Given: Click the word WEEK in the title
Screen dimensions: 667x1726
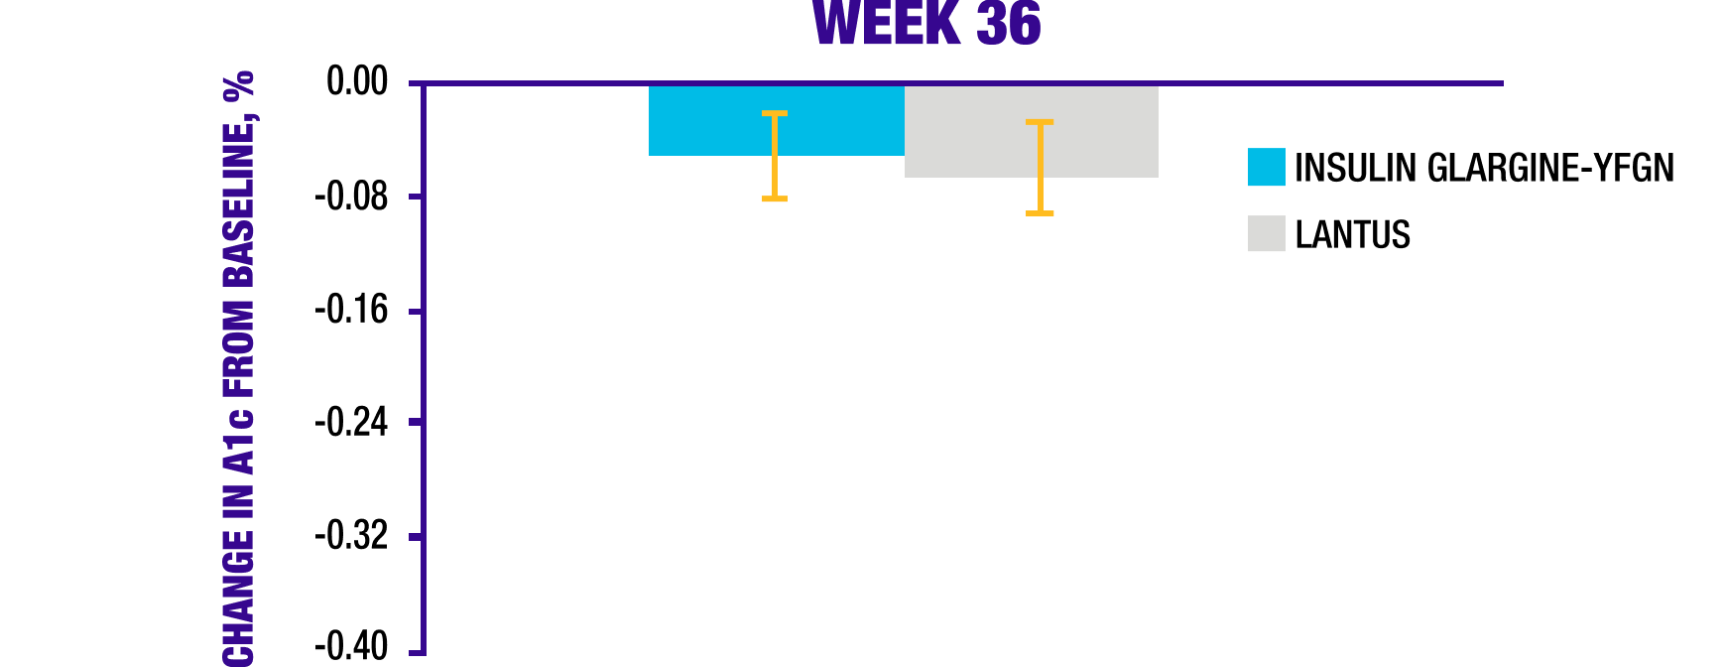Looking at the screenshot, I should click(886, 24).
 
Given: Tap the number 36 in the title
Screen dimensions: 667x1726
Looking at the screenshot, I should click(1008, 24).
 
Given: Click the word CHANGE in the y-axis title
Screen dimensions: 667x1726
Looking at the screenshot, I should click(239, 598).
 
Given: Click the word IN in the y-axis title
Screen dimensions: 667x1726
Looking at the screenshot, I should click(239, 500).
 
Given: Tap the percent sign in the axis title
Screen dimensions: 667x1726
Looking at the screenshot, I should click(239, 88).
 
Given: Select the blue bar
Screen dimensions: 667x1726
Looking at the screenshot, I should click(704, 121).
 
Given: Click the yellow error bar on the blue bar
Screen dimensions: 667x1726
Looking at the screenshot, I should click(775, 157).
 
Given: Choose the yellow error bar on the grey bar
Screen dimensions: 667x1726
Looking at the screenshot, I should click(1040, 168).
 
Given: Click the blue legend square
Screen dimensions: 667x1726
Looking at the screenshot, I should click(1266, 167).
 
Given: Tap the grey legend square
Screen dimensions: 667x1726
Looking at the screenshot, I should click(1266, 233).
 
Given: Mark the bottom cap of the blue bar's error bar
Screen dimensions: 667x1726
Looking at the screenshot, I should click(775, 200).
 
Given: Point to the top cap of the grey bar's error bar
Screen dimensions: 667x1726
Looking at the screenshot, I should click(1040, 122).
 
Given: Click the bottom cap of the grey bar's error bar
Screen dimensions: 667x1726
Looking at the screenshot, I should click(1040, 213).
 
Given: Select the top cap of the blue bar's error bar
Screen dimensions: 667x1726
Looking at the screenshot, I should click(775, 113).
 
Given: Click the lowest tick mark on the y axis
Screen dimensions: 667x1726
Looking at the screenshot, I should click(417, 653).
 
